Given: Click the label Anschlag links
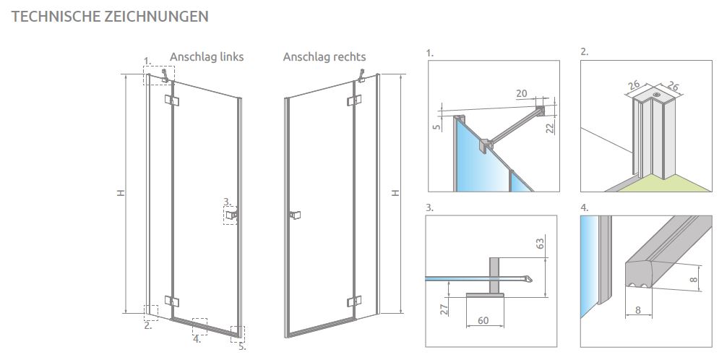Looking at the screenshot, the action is pos(207,57).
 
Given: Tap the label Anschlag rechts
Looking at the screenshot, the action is pos(324,57).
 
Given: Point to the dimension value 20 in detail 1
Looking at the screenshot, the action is pos(522,93).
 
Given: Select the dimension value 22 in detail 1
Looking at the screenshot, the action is pos(551,127).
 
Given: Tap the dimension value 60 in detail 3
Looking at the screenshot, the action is pos(483,320).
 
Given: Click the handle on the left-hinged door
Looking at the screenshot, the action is pos(231,215).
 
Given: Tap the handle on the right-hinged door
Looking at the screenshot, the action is pos(295,215).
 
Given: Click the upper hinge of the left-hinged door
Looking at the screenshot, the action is pos(171,100).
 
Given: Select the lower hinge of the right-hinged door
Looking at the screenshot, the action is pos(354,301).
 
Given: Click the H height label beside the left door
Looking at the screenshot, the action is pos(121,192).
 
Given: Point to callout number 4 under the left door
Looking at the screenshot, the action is pos(197,339).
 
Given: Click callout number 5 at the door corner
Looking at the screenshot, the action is pos(243,347).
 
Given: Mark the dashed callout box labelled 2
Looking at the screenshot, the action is pos(151,313).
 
